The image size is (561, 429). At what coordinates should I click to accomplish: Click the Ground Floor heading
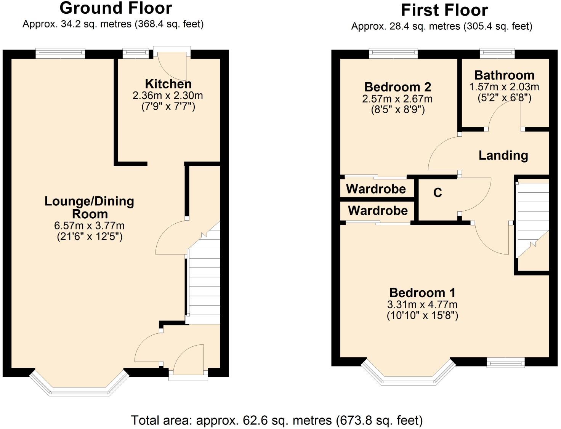[116, 8]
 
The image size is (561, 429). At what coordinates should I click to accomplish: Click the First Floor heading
[444, 10]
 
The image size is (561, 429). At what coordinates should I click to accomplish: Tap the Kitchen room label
[168, 84]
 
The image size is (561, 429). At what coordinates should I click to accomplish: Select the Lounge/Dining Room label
[89, 207]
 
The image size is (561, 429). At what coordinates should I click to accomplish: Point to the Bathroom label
[504, 75]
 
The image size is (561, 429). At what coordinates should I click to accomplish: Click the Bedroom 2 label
[398, 87]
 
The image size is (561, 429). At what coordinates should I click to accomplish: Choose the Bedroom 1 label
[422, 293]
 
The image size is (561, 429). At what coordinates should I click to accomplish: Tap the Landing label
[503, 155]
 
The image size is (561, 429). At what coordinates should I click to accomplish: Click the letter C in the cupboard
[438, 193]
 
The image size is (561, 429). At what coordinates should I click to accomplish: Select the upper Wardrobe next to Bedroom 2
[376, 189]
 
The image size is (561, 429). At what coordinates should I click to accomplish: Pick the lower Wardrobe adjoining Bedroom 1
[377, 211]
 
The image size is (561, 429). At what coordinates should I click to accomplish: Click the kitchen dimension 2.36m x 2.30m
[168, 95]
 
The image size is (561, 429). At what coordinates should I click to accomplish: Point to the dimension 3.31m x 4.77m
[422, 304]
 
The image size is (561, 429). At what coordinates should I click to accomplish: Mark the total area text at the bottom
[277, 420]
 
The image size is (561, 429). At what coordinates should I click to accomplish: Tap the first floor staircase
[532, 221]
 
